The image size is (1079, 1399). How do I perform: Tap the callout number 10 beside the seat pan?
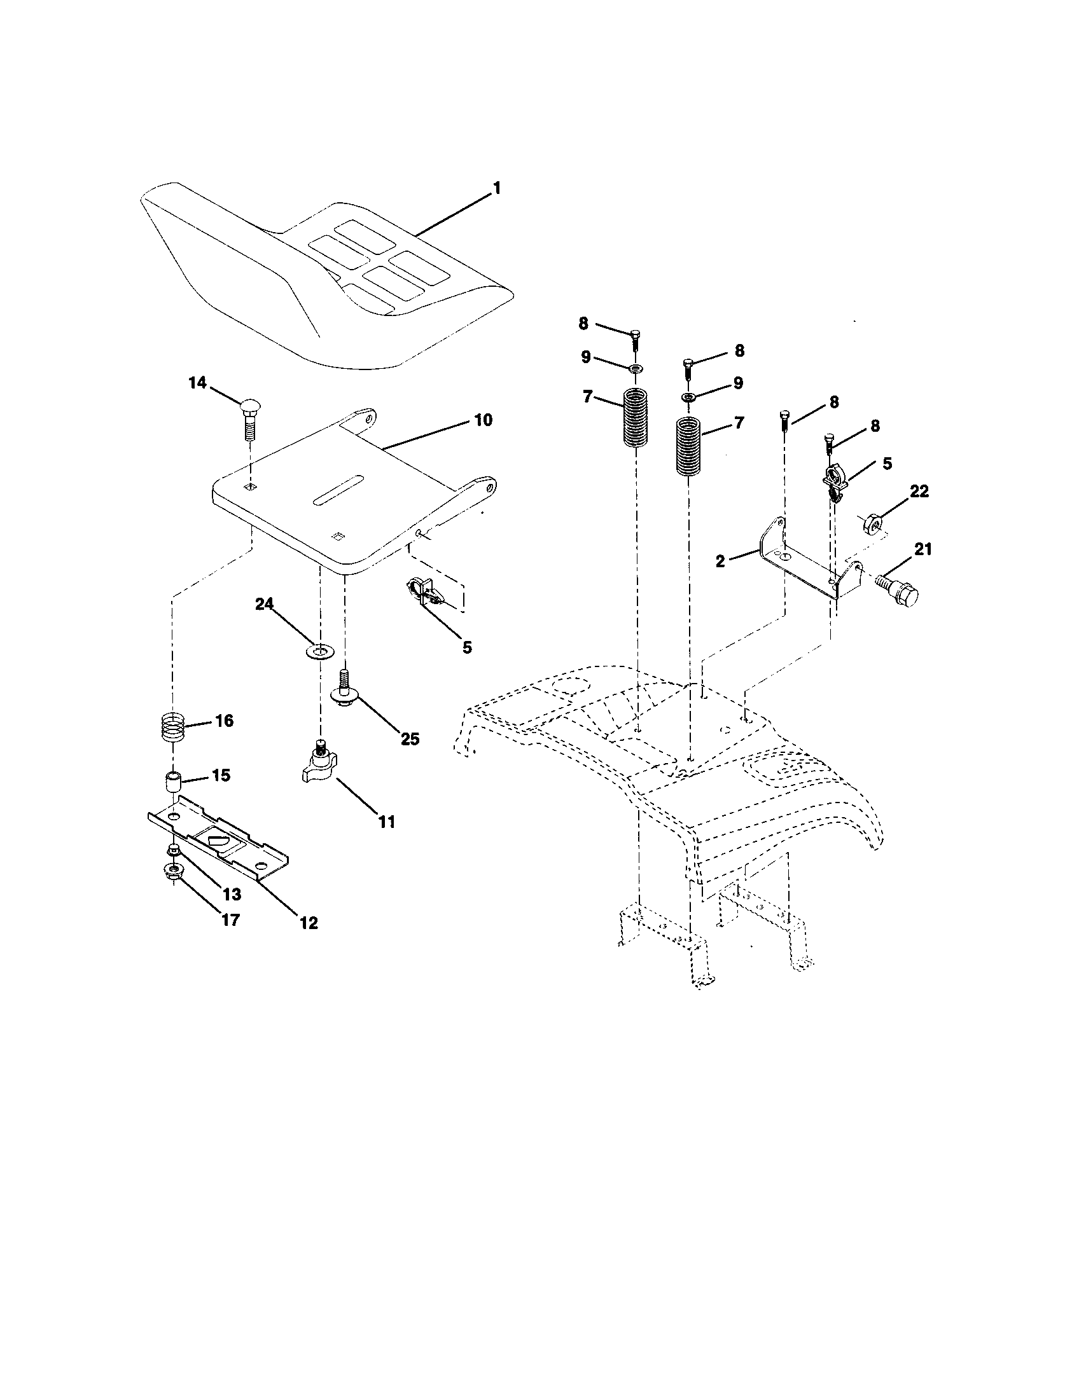(x=482, y=420)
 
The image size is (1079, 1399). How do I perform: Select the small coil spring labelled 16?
(x=171, y=728)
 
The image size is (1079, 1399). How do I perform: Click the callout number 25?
(x=410, y=739)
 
